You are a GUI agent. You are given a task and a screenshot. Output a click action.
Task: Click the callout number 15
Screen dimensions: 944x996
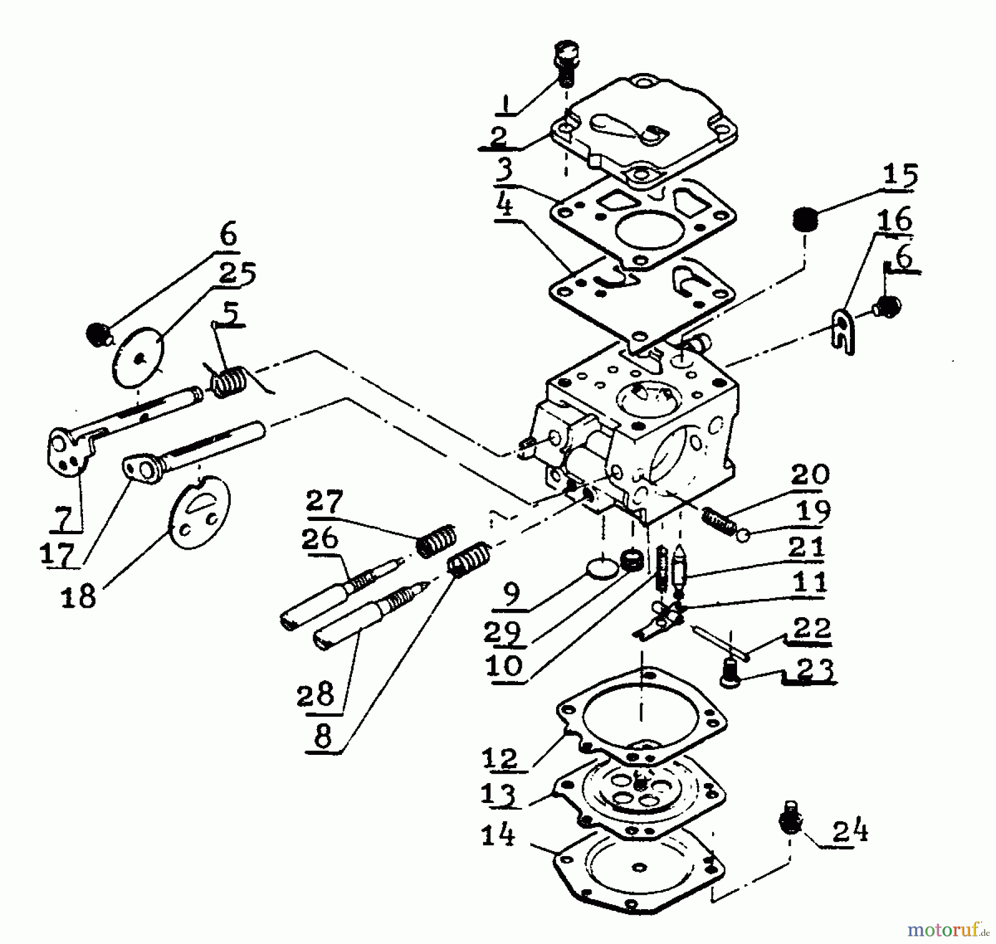click(x=900, y=175)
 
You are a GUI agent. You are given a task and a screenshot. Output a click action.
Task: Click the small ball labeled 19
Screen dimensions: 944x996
click(x=744, y=535)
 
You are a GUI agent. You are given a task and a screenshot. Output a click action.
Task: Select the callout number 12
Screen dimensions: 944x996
click(x=500, y=758)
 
